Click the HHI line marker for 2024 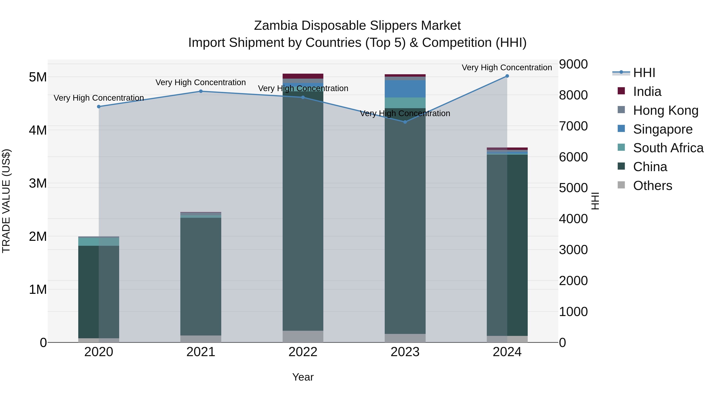(507, 76)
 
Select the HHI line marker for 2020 (99, 107)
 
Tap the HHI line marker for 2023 (405, 122)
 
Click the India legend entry (647, 92)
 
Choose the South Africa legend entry (668, 148)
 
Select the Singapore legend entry (663, 129)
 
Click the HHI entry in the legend (644, 73)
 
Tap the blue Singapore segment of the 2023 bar (405, 89)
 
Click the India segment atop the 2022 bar (303, 76)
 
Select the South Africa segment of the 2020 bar (99, 242)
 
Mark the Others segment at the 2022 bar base (303, 336)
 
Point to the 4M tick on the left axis (38, 130)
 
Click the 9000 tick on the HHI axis (573, 64)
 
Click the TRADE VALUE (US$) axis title (6, 201)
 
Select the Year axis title (303, 377)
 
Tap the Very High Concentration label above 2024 (507, 67)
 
